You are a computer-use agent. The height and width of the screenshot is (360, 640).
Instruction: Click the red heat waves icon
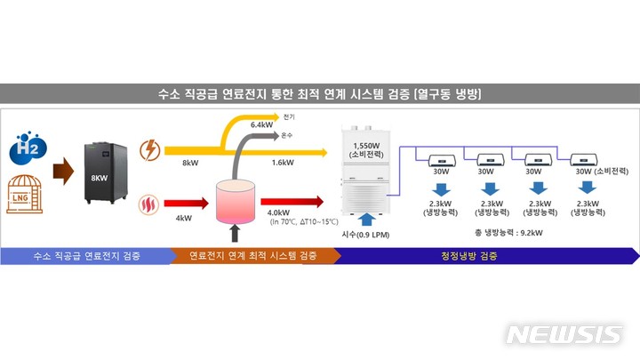click(x=149, y=210)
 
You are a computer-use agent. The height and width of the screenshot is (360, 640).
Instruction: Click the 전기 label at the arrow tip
click(x=289, y=116)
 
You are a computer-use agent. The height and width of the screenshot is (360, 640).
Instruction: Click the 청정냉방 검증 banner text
click(x=469, y=256)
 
